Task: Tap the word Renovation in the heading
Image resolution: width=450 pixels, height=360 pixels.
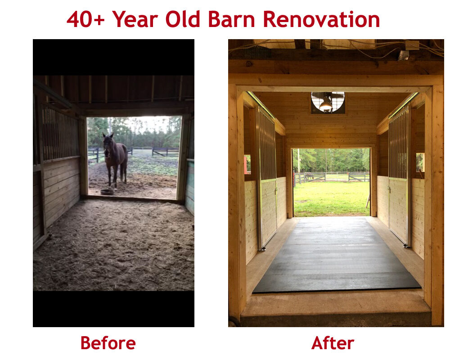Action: (321, 19)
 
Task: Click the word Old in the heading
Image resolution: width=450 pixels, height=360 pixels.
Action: (184, 19)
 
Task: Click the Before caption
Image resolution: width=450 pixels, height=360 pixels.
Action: (108, 343)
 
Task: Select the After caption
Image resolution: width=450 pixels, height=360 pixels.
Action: (333, 343)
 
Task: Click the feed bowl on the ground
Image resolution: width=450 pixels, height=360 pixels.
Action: (107, 191)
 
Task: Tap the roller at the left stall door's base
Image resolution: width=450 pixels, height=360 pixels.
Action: (262, 248)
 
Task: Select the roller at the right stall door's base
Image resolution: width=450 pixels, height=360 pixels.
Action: (406, 245)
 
